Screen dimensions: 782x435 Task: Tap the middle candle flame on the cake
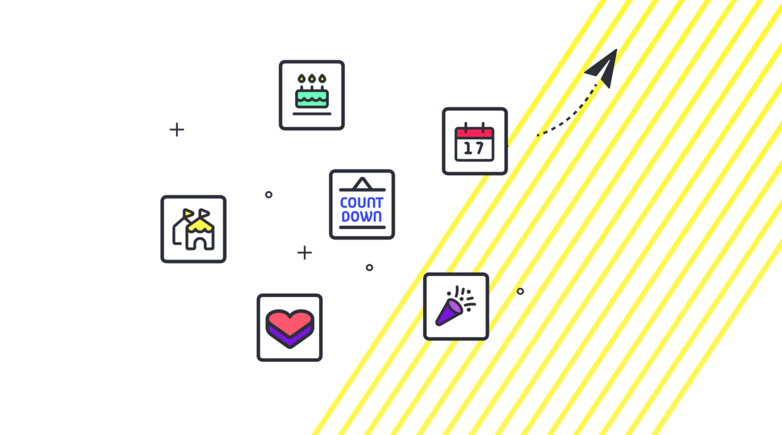(312, 79)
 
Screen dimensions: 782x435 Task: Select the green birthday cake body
(312, 99)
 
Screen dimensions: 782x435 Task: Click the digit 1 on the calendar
(468, 149)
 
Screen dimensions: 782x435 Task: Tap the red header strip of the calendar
(474, 132)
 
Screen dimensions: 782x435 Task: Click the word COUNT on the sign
(362, 203)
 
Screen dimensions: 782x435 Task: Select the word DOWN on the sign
(362, 216)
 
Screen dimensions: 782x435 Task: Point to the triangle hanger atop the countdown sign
(362, 184)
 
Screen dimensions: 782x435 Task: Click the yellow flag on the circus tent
(188, 212)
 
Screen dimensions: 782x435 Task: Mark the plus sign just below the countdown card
(305, 252)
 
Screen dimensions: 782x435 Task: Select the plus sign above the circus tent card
(177, 129)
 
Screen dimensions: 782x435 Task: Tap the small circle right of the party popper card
(520, 291)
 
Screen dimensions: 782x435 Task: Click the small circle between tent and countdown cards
(269, 194)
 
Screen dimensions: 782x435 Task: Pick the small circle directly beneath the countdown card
(370, 267)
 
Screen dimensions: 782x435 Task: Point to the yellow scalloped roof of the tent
(200, 225)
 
